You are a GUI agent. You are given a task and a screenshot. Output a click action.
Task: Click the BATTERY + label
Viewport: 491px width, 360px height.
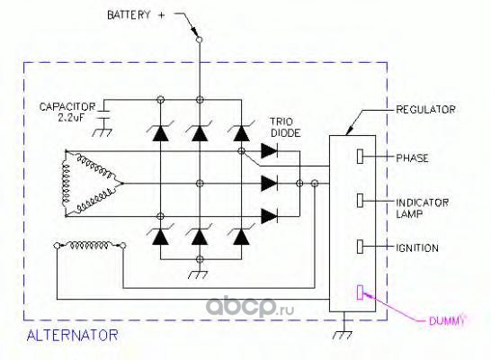[x=136, y=15]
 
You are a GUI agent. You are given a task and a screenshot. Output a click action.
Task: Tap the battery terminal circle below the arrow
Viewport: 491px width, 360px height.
[x=199, y=40]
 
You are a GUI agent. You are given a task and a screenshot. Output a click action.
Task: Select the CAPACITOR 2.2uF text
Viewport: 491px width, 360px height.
[x=67, y=112]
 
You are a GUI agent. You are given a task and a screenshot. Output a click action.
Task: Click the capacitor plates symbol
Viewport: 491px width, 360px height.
[x=103, y=114]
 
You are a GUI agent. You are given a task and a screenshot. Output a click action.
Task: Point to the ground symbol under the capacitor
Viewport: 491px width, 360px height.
[x=103, y=132]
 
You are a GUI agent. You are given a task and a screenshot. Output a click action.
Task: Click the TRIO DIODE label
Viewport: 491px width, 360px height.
[x=285, y=127]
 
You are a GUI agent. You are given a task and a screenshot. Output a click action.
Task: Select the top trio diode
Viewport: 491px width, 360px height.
[x=269, y=151]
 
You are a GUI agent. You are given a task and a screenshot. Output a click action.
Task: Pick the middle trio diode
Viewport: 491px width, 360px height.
[x=269, y=184]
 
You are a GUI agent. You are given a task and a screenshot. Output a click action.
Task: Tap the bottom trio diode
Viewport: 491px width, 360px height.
[x=269, y=216]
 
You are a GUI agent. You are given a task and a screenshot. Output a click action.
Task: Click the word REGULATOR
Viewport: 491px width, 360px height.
[x=425, y=109]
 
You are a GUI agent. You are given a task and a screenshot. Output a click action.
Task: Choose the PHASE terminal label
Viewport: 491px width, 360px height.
[x=412, y=157]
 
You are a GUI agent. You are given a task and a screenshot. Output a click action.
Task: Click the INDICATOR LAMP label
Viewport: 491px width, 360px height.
[x=422, y=208]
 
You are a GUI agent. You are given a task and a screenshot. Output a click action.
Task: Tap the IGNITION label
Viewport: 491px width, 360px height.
[x=417, y=247]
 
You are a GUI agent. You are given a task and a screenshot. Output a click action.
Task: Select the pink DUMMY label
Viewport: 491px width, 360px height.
[x=446, y=320]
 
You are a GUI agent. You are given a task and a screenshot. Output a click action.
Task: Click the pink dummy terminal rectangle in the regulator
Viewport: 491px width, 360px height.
[x=360, y=292]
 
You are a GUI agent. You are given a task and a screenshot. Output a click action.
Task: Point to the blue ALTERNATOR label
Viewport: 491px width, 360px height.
[x=72, y=335]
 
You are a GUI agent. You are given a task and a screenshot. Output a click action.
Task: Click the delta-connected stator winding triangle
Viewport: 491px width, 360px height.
[x=67, y=184]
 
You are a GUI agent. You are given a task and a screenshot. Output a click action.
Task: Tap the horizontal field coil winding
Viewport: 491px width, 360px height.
[x=90, y=245]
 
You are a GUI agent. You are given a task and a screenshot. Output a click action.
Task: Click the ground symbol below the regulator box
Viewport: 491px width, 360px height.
[x=344, y=335]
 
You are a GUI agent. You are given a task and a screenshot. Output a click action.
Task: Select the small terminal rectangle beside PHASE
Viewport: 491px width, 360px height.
[x=360, y=157]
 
